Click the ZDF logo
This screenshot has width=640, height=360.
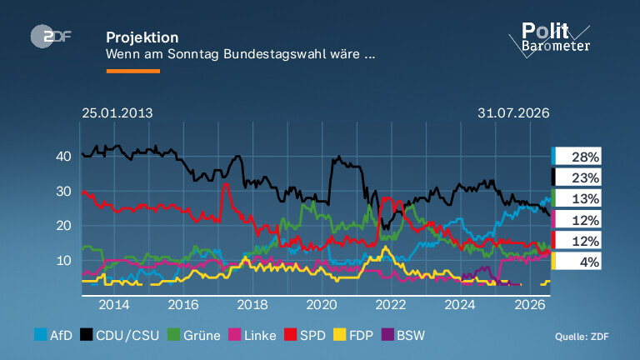pos(51,37)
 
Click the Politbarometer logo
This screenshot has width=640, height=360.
pos(549,40)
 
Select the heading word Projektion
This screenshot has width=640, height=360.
pos(142,37)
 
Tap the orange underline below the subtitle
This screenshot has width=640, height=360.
pos(133,71)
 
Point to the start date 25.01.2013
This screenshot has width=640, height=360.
pos(117,113)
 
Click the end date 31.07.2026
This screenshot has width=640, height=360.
pos(513,113)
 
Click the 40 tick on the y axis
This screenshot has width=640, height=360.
pos(63,157)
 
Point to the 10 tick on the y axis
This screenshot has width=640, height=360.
pos(63,260)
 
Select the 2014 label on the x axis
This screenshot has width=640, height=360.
pos(114,305)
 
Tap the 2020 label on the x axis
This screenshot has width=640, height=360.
pos(322,305)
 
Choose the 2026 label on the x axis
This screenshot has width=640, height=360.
pos(530,305)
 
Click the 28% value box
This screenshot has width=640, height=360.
pos(577,157)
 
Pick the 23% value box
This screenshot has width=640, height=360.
pos(577,177)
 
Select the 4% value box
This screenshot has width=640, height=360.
pos(577,262)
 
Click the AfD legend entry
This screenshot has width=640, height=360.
pos(53,335)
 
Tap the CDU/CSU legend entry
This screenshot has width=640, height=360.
pos(120,335)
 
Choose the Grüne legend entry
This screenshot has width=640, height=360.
pos(194,335)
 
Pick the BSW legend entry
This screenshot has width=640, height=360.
pos(403,335)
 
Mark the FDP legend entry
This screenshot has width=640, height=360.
pos(353,335)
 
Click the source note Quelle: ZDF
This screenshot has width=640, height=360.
pos(582,337)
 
